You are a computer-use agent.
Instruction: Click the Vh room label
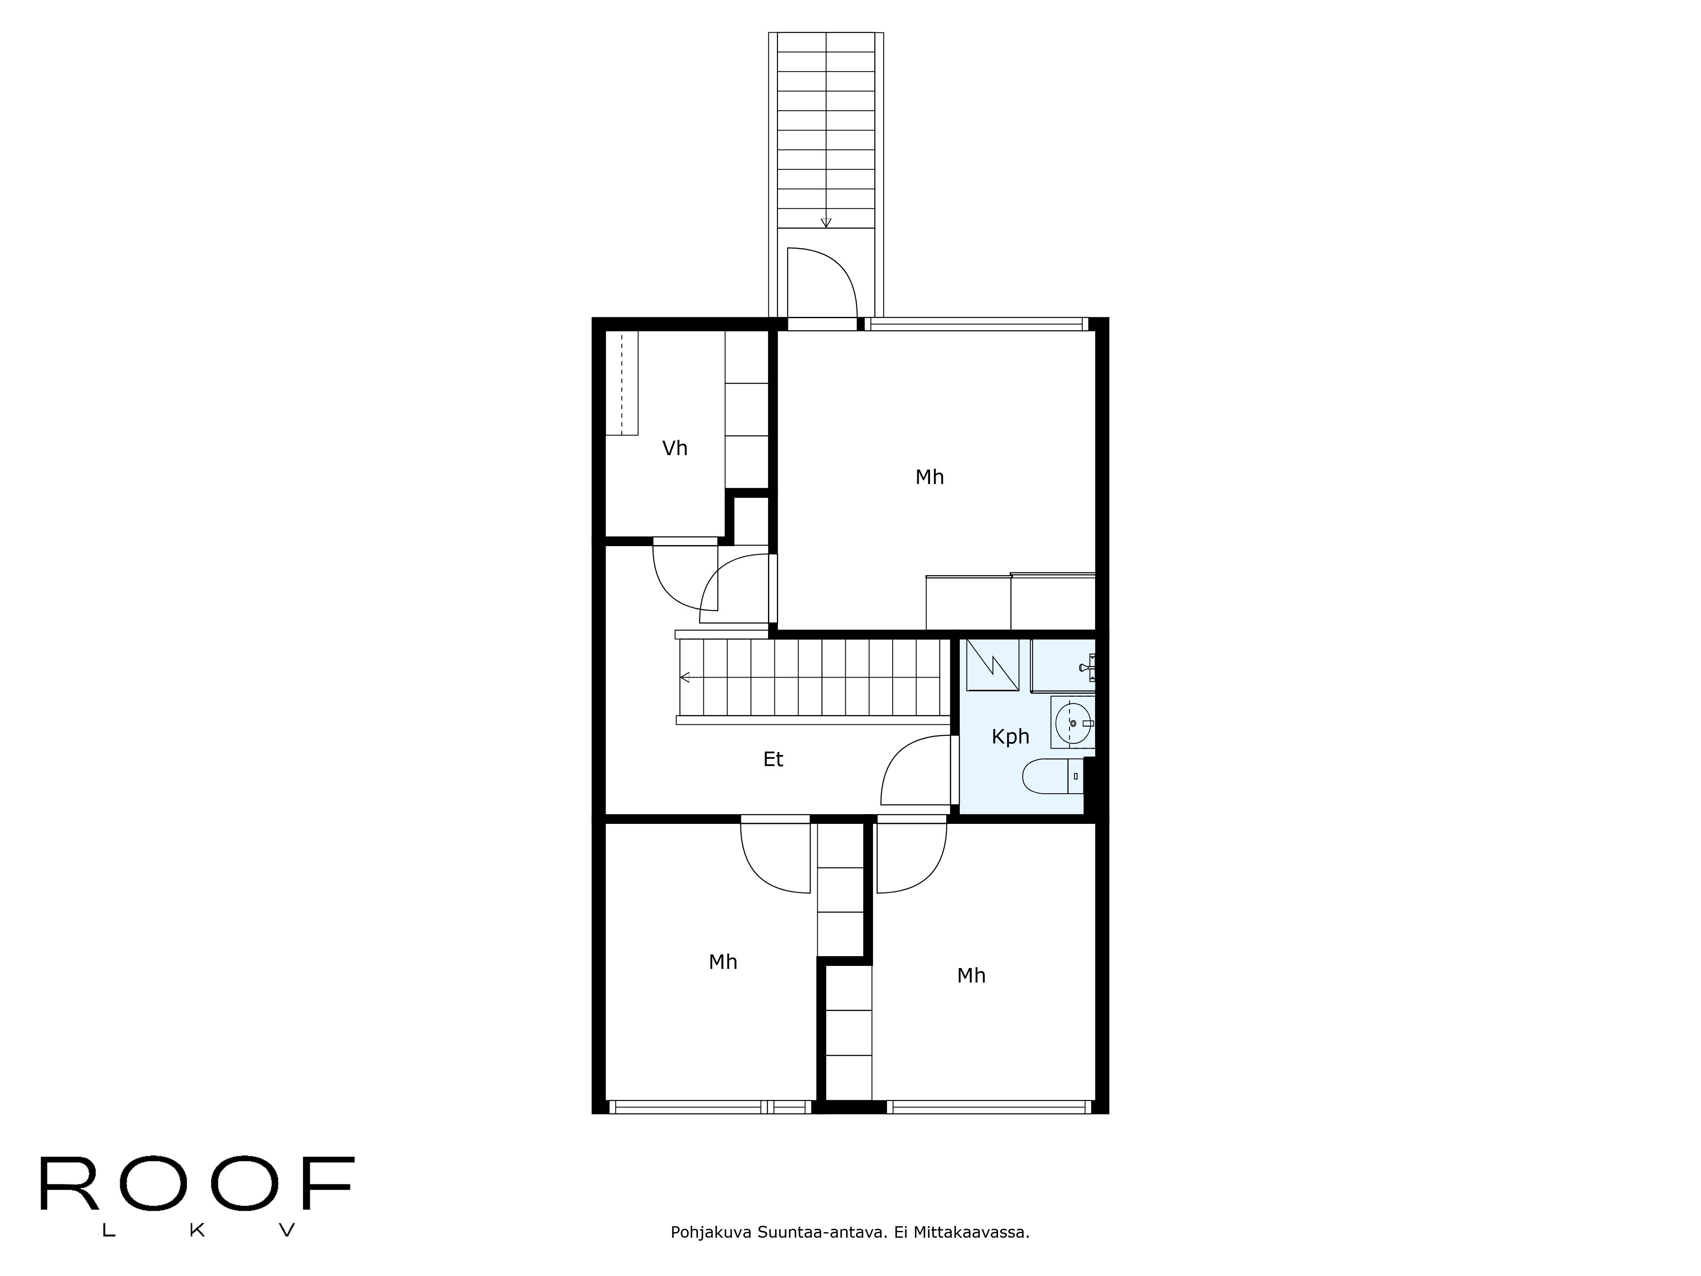point(674,448)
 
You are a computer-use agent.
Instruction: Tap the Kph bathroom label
point(1010,737)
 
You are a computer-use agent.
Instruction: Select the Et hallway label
point(773,760)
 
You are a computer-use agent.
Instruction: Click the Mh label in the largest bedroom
point(929,478)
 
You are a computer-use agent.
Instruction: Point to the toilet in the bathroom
point(1052,776)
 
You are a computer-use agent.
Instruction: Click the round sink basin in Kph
point(1073,723)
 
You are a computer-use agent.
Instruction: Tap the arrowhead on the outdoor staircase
point(826,223)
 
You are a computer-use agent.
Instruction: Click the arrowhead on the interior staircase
point(684,678)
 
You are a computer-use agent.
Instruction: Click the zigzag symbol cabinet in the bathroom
point(992,664)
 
